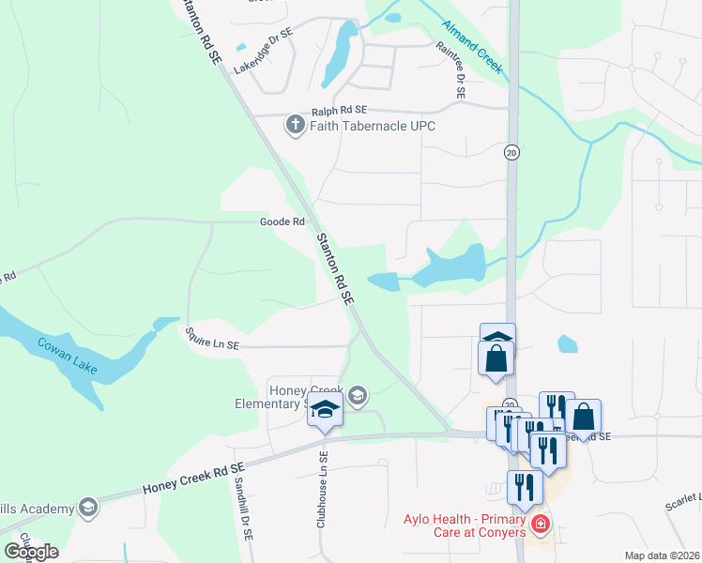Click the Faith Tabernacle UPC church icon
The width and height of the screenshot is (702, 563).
295,125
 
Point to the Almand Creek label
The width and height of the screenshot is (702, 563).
474,49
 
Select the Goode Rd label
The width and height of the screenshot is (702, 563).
282,222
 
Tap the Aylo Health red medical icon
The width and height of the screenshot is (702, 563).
540,524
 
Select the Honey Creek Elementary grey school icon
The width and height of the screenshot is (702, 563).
357,396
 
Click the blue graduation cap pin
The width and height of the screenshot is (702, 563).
325,411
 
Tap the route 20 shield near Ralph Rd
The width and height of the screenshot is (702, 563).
511,152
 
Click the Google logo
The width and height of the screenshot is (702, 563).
31,551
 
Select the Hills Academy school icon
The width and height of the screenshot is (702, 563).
87,508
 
